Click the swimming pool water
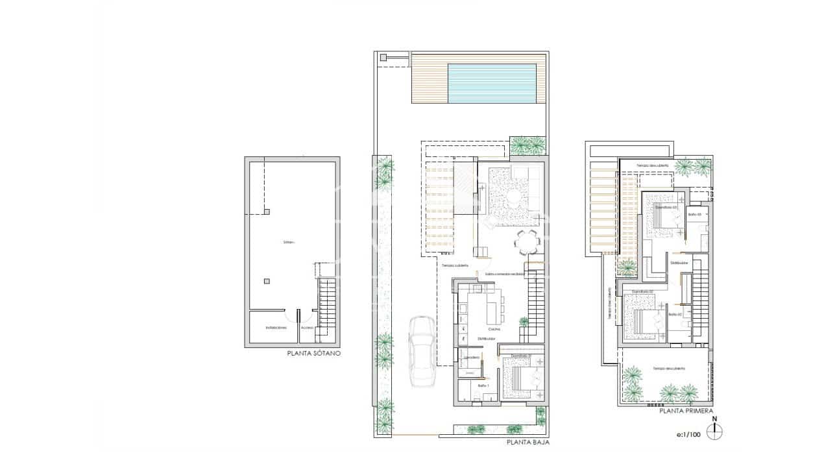[491, 82]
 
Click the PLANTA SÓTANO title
[313, 354]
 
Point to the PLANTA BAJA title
[528, 443]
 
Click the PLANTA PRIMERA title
[686, 411]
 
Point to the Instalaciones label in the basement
[276, 328]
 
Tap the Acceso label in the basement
[307, 328]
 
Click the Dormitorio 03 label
[666, 207]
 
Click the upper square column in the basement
[267, 211]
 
